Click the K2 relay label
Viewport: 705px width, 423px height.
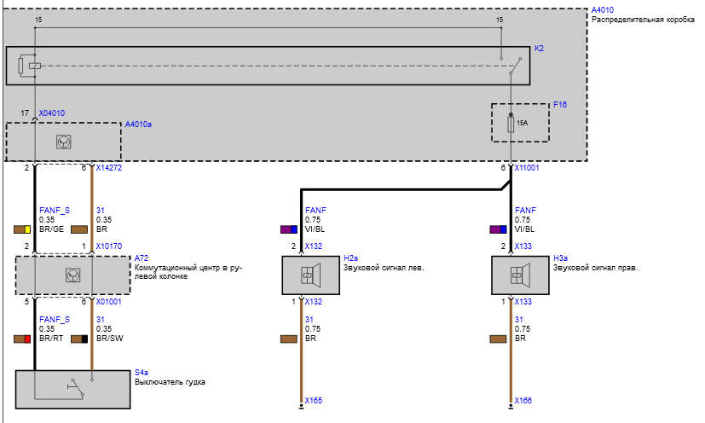539,48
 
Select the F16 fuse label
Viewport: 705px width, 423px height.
560,104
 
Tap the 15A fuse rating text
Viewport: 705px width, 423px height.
522,123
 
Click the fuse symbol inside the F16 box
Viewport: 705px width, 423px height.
511,124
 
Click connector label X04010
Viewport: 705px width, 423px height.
52,113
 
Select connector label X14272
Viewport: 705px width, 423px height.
109,168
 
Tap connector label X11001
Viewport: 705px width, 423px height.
527,168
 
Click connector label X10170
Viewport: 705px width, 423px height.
109,246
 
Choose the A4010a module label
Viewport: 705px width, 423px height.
138,125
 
